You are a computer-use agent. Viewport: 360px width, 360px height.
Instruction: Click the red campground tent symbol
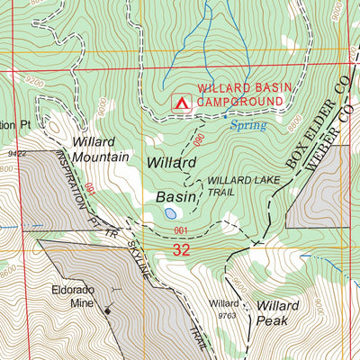coord(180,103)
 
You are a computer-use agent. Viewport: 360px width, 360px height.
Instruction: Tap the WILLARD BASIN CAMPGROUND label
coord(239,96)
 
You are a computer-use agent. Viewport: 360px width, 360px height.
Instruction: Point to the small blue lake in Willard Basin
coord(170,214)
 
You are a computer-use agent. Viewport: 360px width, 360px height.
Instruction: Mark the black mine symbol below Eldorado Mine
coord(108,311)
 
